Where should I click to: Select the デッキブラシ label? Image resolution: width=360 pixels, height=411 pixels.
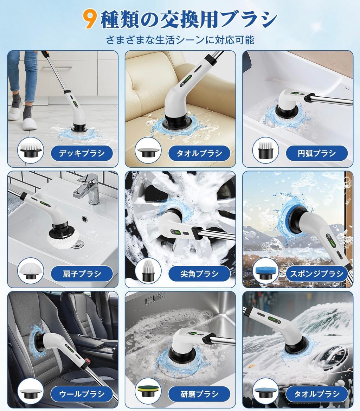coord(82,153)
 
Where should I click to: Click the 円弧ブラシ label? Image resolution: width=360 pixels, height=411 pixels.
coord(316,153)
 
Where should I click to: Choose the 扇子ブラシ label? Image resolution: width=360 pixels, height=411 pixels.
coord(82,274)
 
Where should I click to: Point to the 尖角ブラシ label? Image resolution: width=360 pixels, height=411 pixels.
coord(199,274)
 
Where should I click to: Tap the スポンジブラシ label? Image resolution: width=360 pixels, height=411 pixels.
coord(316,274)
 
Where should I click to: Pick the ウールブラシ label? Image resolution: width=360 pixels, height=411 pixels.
coord(82,393)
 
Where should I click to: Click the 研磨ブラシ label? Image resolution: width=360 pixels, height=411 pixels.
coord(199,393)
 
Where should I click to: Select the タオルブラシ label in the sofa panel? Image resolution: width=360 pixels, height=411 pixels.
coord(199,153)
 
